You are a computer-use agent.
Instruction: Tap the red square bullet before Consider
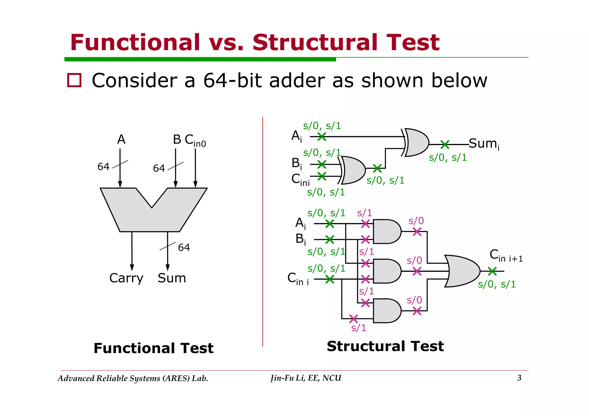point(74,80)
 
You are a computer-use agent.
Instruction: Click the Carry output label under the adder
point(126,278)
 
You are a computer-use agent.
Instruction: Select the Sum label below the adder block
point(172,278)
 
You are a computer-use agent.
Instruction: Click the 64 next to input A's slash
point(103,167)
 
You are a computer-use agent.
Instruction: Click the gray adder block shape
point(150,218)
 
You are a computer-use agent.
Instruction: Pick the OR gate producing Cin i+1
point(461,271)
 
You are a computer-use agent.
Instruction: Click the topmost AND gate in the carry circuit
point(386,232)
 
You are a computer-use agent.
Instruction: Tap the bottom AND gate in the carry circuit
point(386,311)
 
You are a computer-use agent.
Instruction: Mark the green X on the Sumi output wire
point(445,145)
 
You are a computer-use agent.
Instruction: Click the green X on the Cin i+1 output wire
point(492,271)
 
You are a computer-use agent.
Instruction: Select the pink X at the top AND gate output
point(417,232)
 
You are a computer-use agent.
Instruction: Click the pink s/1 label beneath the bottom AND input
point(359,328)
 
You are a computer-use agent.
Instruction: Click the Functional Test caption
point(153,348)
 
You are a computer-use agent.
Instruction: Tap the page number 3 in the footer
point(519,378)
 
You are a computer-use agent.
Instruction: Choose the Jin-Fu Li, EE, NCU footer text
point(306,378)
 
